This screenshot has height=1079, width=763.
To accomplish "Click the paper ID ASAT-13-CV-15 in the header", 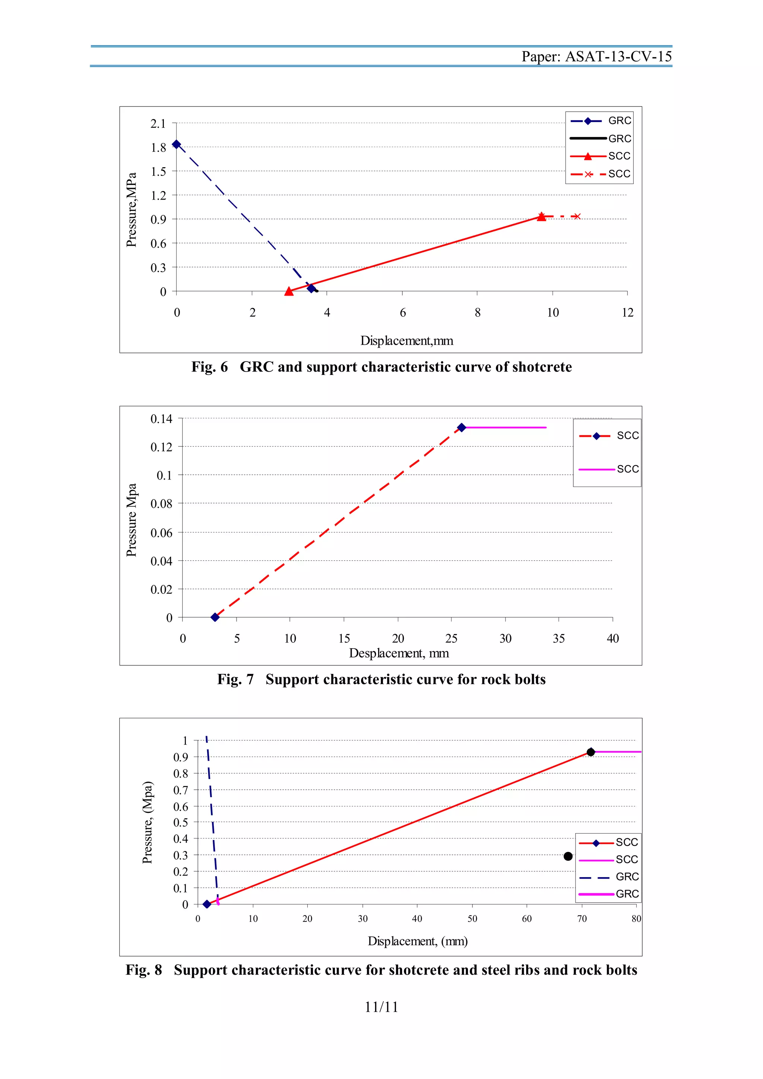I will point(618,57).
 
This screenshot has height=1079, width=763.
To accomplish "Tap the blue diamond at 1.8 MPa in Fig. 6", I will point(176,144).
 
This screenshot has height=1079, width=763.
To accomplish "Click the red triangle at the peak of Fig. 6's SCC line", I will point(542,216).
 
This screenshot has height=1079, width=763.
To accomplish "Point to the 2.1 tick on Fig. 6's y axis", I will point(158,124).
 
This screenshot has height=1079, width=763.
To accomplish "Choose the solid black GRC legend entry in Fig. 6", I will point(599,139).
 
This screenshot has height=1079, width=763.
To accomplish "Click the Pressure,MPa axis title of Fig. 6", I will point(132,209).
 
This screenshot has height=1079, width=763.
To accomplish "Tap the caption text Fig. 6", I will point(209,367).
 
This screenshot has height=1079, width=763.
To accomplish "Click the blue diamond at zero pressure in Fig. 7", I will point(215,617).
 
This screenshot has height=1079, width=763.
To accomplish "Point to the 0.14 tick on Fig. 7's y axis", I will point(161,419).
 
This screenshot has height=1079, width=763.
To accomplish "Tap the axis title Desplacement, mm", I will point(399,653).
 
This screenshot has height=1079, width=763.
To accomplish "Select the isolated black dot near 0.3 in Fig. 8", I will point(568,856).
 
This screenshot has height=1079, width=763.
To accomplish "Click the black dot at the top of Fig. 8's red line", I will point(591,752).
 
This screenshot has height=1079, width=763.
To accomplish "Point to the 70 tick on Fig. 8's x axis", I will point(582,919).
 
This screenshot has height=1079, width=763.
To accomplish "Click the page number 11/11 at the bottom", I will point(381,1007).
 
